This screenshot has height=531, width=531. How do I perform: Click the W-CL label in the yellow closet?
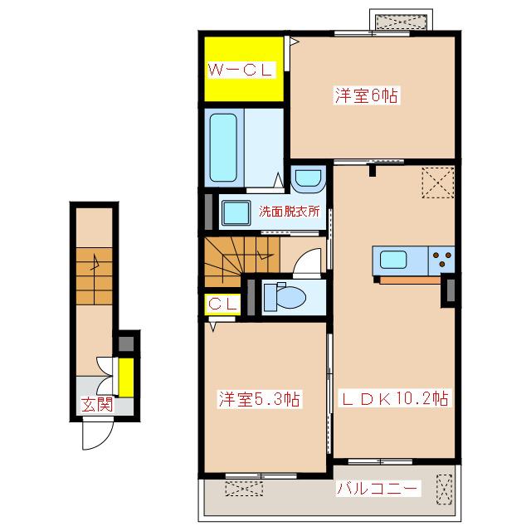tap(241, 70)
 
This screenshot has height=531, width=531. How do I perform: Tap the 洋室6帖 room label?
tap(367, 95)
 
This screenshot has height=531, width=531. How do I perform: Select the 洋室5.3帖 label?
tap(260, 398)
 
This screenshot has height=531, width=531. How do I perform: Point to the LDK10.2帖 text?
tap(395, 398)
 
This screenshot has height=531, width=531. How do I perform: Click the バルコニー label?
tap(377, 488)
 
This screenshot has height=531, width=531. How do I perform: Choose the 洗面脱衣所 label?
tap(290, 212)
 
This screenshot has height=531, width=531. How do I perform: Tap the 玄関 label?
tap(97, 404)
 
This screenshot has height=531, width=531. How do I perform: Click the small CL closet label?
tap(222, 304)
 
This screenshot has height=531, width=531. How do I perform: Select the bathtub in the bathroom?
tap(223, 148)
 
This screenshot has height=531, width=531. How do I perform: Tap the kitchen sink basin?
tap(393, 260)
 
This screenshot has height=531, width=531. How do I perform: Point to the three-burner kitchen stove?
tap(441, 261)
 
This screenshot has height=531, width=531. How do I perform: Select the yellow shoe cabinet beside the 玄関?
tap(126, 378)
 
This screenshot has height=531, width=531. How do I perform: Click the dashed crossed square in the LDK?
tap(438, 183)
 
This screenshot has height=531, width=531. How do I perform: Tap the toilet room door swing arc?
tap(304, 260)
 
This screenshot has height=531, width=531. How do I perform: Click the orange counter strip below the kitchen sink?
tap(410, 280)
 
